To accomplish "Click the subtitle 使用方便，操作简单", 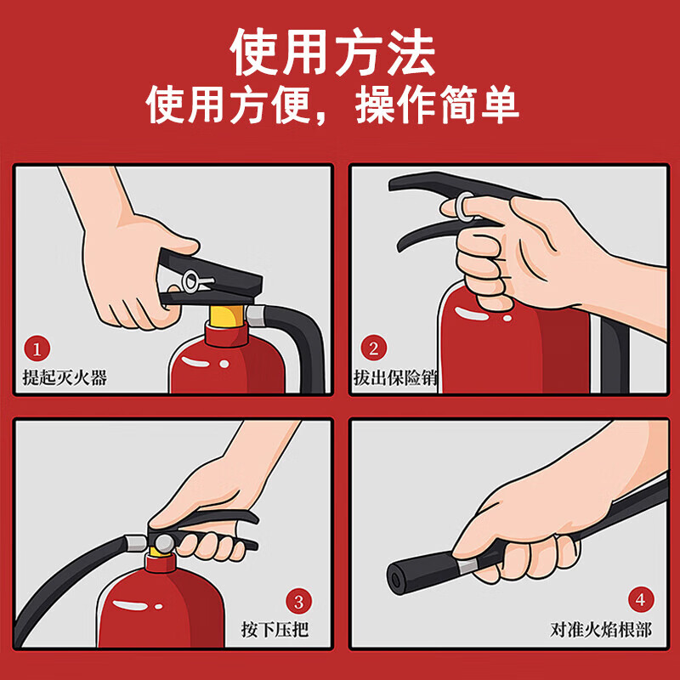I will tap(333, 107).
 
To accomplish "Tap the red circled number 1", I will tap(37, 348).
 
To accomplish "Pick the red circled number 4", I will tap(641, 600).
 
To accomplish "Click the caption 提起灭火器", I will tap(65, 377).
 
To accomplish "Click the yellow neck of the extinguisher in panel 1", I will tap(225, 319).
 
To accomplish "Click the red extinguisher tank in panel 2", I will tap(476, 348).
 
